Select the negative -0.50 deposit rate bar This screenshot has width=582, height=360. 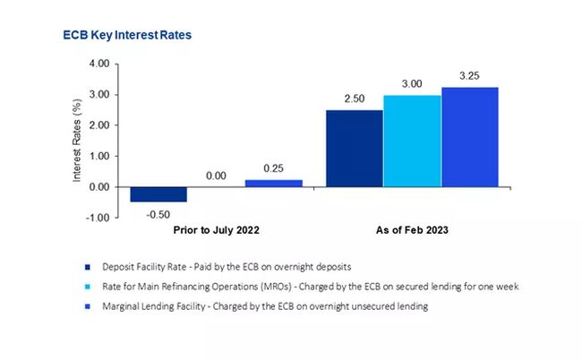pos(158,194)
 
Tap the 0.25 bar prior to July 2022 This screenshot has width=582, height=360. pos(274,183)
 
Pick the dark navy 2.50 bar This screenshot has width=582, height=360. pos(354,149)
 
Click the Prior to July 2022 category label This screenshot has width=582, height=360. pos(216,230)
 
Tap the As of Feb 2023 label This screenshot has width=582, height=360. pos(411,230)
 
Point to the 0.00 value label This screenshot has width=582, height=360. pos(216,176)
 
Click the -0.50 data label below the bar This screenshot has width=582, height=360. pos(158,212)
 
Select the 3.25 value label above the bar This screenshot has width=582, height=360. pos(469,77)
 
